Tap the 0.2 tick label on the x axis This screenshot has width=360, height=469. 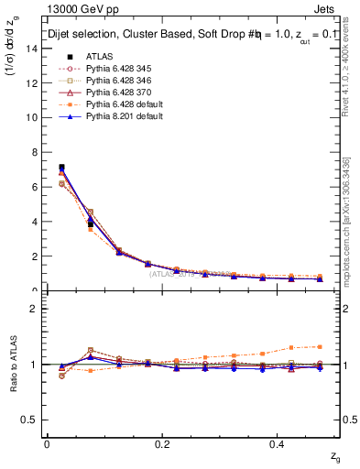tap(162, 443)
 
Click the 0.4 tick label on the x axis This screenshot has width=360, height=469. tap(278, 443)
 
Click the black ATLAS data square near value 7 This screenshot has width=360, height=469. tap(61, 168)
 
